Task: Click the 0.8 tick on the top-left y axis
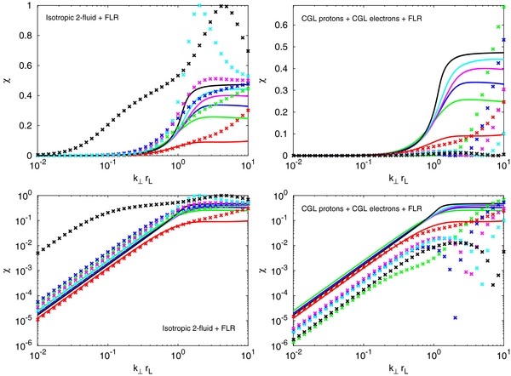18,37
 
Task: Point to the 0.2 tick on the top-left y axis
18,125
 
